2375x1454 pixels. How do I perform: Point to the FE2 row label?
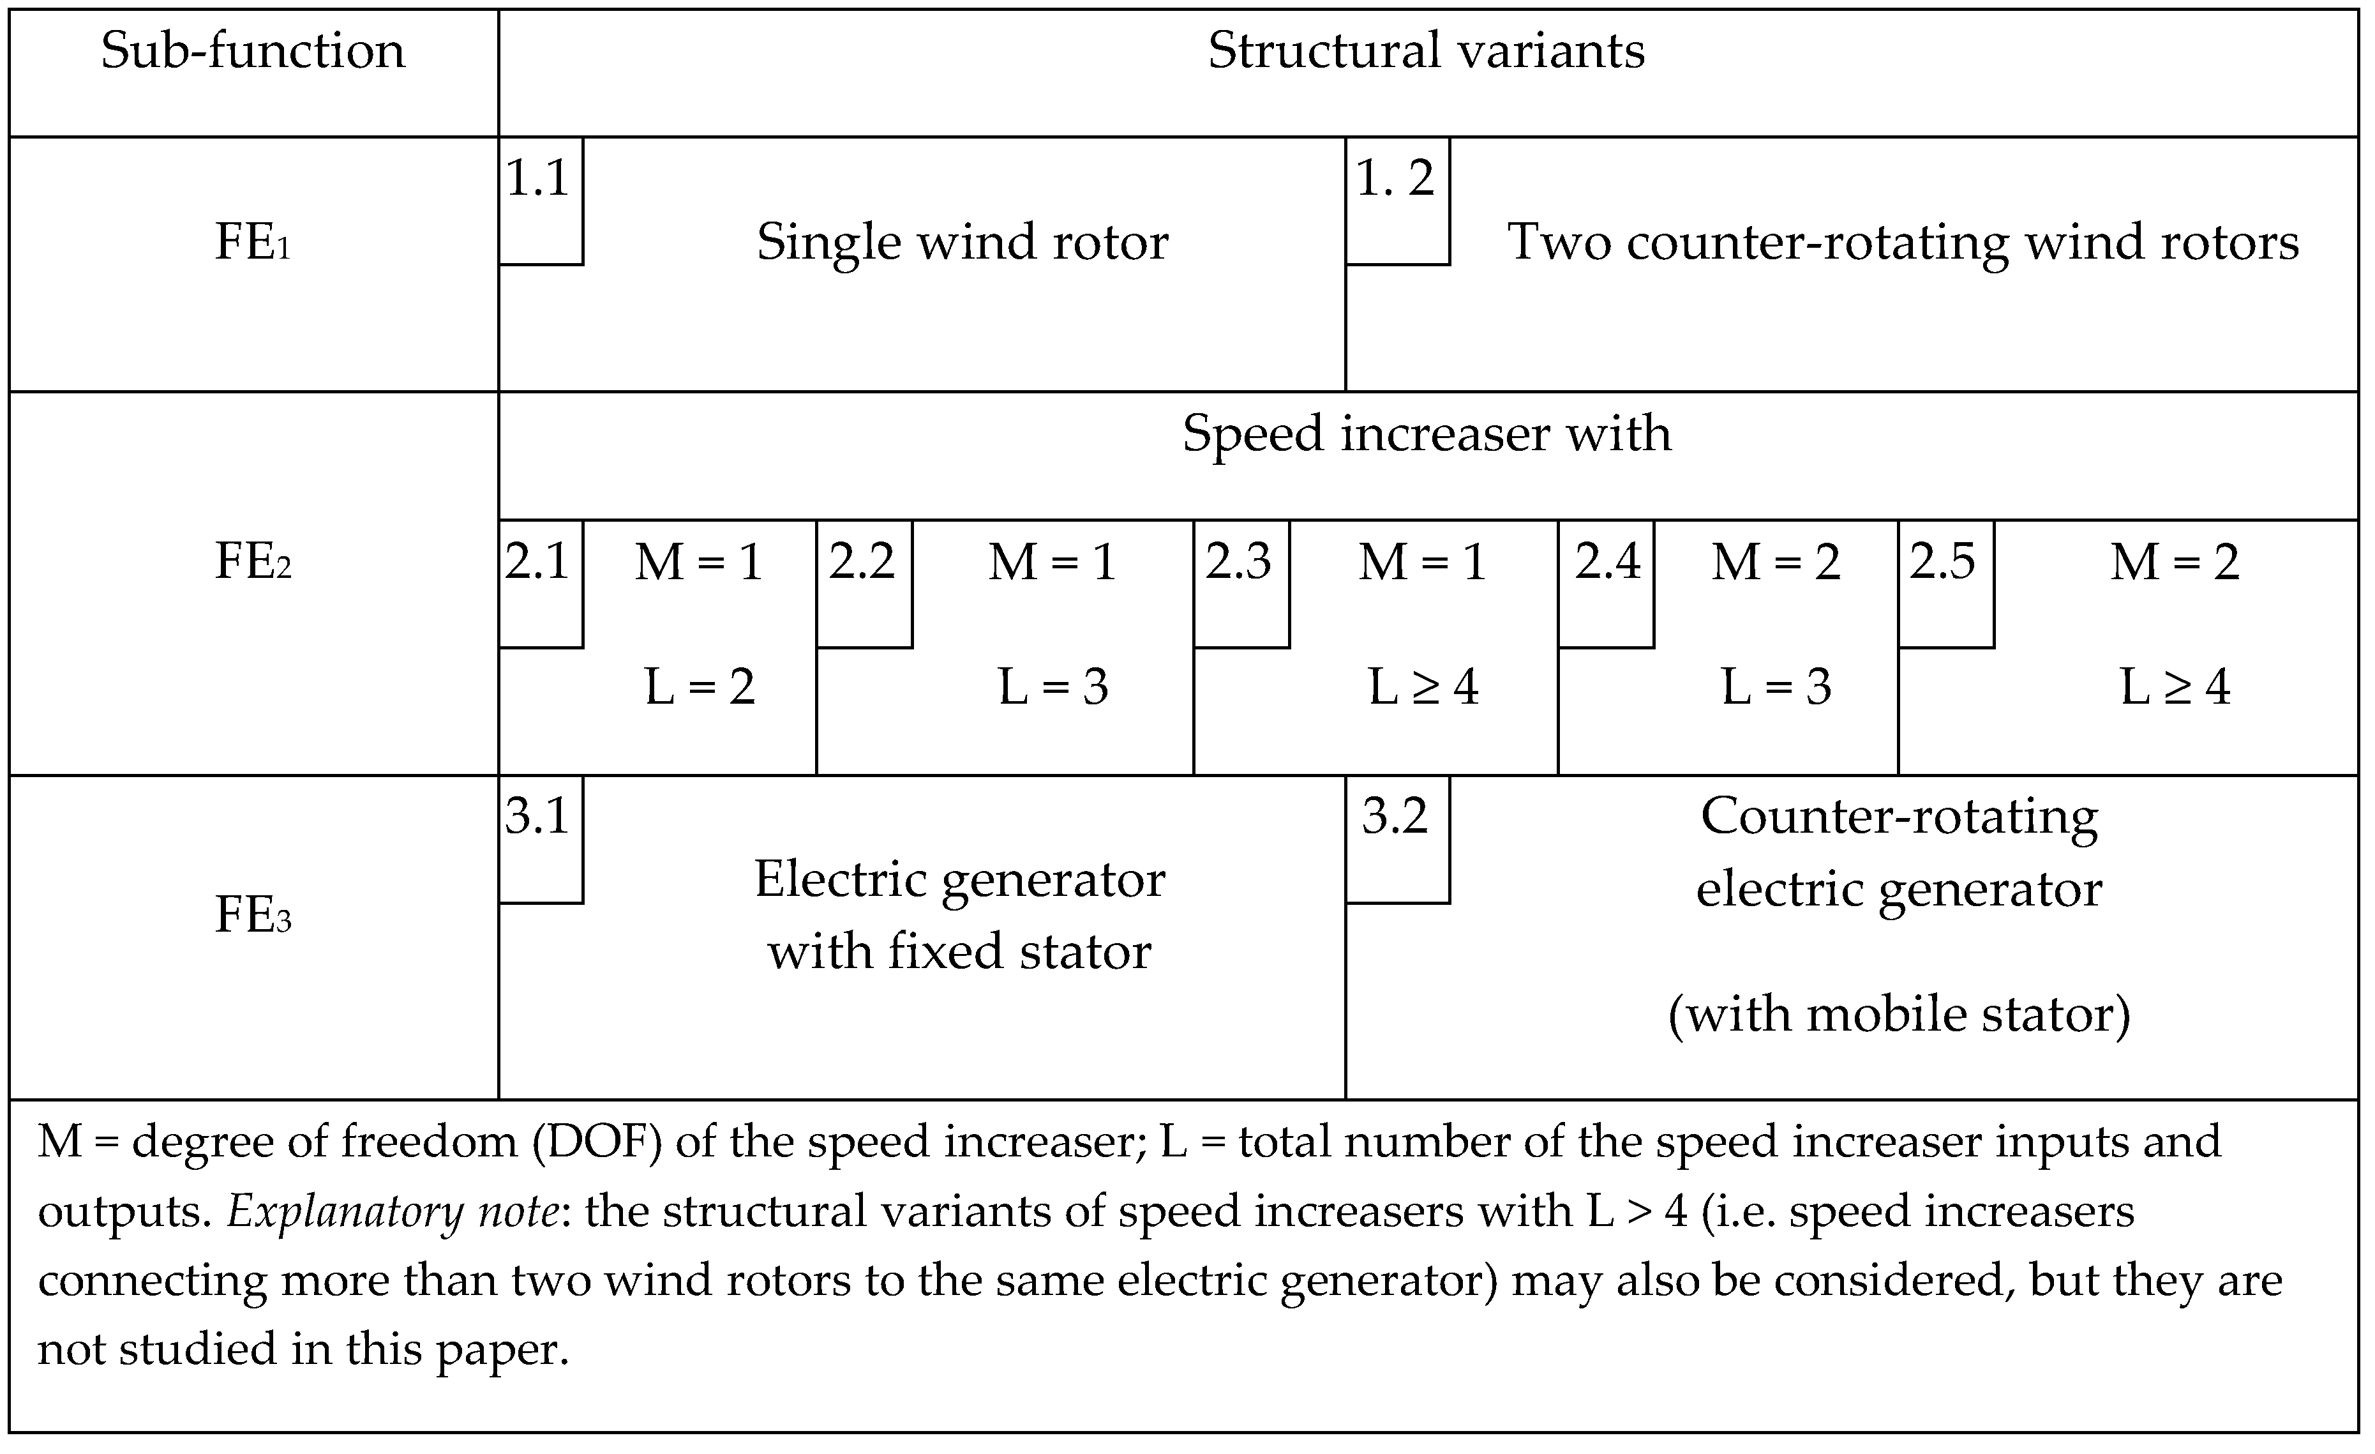(x=253, y=561)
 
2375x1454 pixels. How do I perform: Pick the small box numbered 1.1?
(x=540, y=200)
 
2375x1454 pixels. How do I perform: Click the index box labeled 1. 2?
(x=1397, y=200)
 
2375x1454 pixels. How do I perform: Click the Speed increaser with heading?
(x=1426, y=434)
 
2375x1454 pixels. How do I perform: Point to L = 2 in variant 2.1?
(x=700, y=688)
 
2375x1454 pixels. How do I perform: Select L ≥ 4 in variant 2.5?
(x=2175, y=688)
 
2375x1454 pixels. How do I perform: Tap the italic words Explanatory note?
(x=393, y=1211)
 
